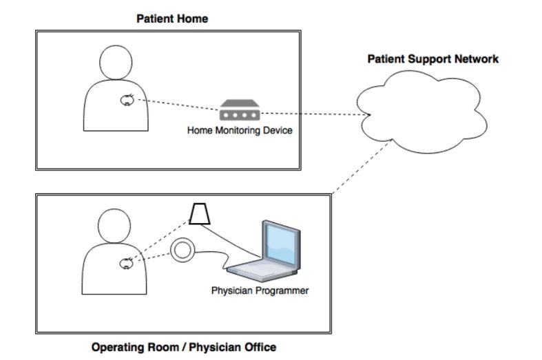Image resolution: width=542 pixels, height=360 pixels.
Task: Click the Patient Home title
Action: pos(171,19)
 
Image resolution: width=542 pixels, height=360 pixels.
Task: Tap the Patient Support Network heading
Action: pos(432,59)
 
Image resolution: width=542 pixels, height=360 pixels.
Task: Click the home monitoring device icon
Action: pos(240,112)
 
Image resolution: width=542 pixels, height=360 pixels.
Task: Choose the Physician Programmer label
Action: pos(260,290)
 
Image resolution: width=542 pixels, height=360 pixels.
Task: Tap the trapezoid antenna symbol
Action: pos(201,214)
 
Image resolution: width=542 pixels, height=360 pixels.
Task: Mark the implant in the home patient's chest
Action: pos(128,101)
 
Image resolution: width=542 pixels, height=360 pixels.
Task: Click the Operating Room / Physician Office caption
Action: pos(184,347)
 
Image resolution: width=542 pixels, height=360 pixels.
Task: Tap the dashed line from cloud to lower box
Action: pos(358,166)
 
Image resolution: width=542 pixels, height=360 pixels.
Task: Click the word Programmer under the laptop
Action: pos(282,290)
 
